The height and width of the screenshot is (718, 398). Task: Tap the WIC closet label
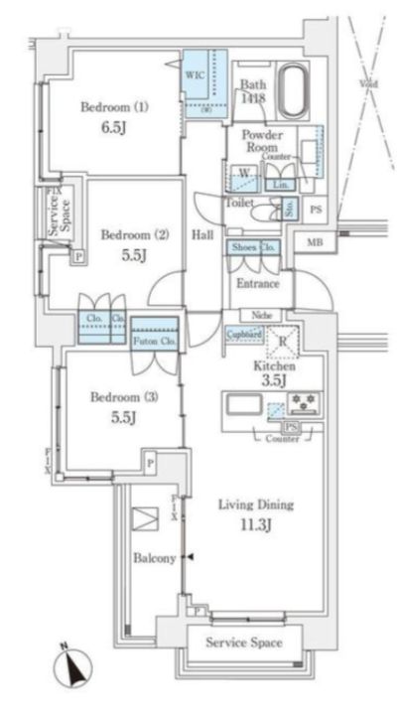point(195,72)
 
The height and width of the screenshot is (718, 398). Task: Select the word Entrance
point(256,284)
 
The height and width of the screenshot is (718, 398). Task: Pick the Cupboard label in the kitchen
point(244,334)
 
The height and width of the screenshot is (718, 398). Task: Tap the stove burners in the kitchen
point(303,402)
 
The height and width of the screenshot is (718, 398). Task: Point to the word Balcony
point(153,558)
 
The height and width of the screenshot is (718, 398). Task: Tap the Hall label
point(202,235)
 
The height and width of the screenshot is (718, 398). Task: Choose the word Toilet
point(240,202)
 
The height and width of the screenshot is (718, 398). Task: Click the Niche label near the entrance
point(261,316)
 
